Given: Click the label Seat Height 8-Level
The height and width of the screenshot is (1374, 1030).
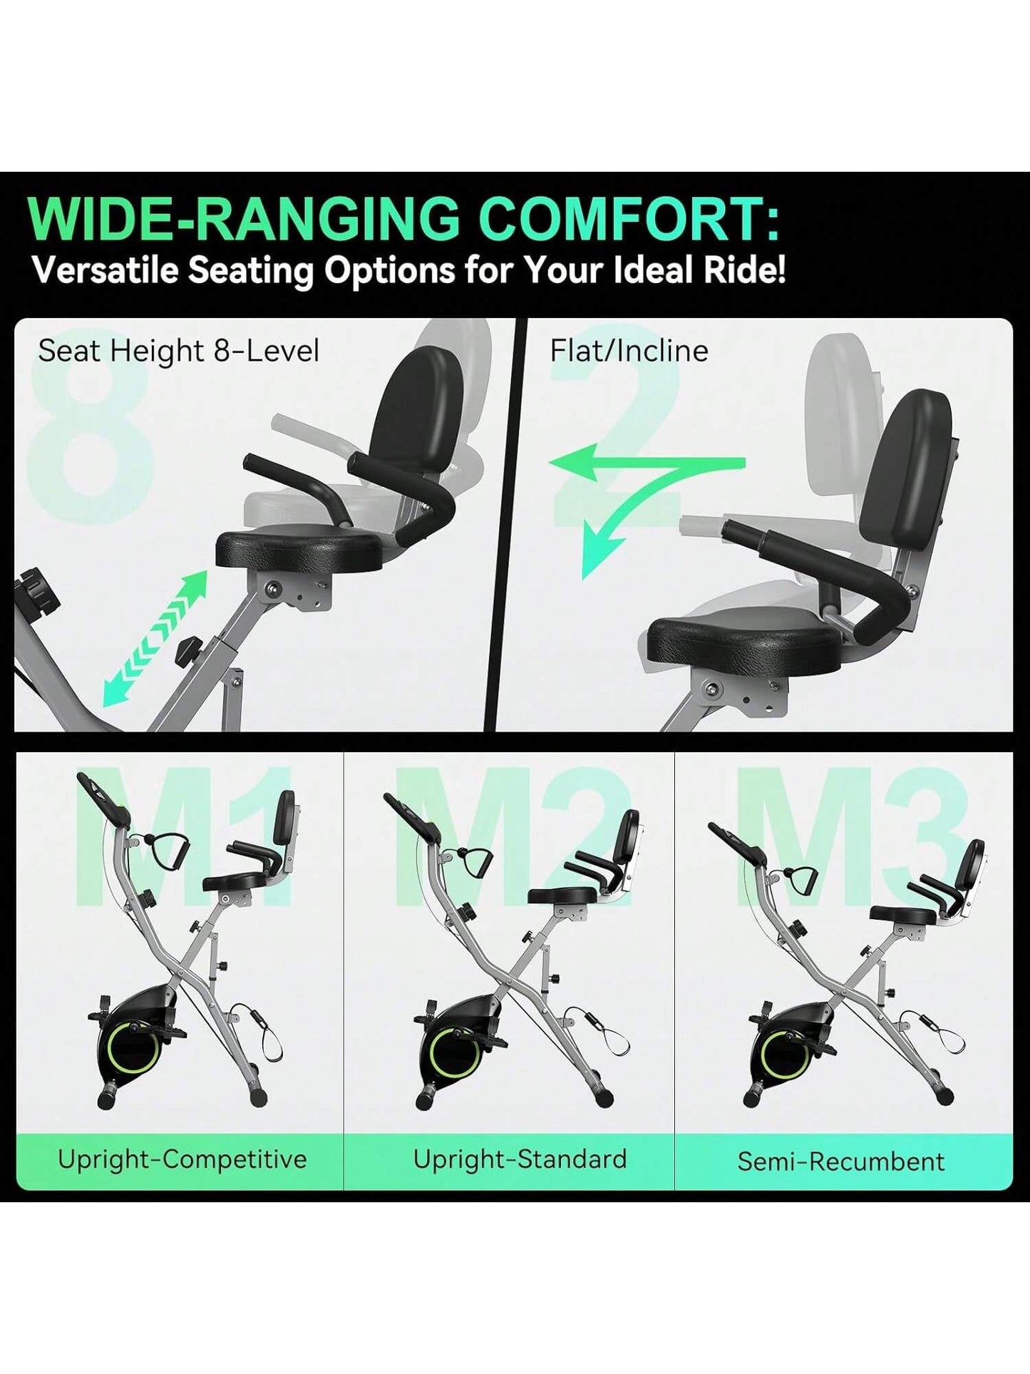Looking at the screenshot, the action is click(178, 351).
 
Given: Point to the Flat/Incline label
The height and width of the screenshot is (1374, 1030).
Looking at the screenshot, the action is click(629, 351).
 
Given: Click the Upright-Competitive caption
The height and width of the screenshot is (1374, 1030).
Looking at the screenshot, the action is click(182, 1159).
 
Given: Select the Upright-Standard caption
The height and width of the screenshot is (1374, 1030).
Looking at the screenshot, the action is click(520, 1159).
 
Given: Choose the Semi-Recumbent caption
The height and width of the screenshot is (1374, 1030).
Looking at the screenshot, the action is click(840, 1162).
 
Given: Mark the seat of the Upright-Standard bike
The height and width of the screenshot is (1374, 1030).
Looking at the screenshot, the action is click(562, 896).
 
